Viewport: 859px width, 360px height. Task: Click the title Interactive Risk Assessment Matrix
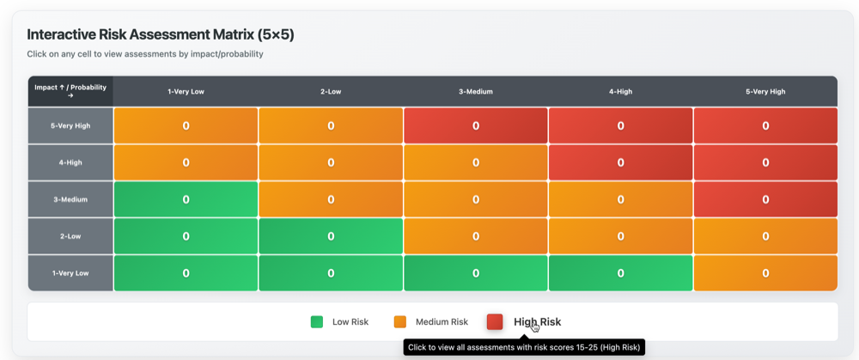(x=160, y=34)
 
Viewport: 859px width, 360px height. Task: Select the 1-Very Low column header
(x=186, y=91)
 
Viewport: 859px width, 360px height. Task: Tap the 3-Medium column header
(x=475, y=91)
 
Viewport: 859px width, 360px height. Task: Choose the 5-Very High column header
(x=765, y=91)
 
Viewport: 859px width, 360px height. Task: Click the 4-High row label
(x=70, y=162)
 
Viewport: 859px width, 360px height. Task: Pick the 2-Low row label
(x=70, y=236)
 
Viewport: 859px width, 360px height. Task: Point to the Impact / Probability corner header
(x=70, y=91)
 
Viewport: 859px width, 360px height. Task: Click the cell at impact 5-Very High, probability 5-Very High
(x=765, y=125)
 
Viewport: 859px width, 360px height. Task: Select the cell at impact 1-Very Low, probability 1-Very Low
(x=186, y=273)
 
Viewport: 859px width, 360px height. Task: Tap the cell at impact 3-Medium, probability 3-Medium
(x=475, y=199)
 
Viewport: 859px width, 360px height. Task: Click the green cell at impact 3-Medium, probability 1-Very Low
(x=186, y=199)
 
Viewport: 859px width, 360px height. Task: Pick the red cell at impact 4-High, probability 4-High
(x=620, y=162)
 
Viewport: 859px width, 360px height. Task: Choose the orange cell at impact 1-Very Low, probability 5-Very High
(x=765, y=273)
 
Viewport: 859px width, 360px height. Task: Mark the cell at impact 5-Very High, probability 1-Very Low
(x=186, y=125)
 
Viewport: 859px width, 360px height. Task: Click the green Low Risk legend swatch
(x=317, y=322)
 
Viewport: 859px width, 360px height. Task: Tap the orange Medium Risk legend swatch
(x=400, y=322)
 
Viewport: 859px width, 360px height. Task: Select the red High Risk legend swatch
(x=495, y=322)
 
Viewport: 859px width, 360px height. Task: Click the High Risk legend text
(x=537, y=322)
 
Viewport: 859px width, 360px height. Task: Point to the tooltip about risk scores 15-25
(x=523, y=348)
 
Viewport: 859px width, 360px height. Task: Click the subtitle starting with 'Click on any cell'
(x=144, y=54)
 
